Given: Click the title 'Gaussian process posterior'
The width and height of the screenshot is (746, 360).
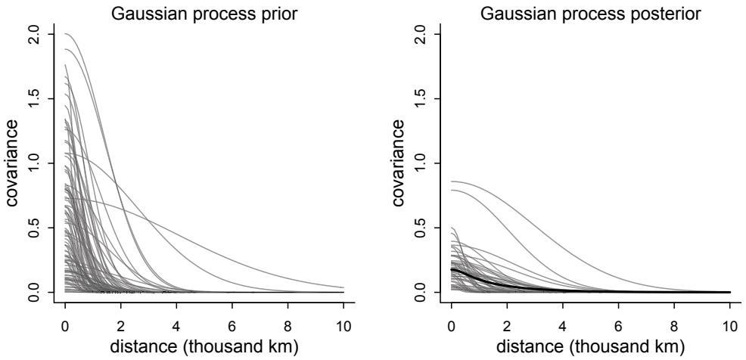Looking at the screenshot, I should pos(590,11).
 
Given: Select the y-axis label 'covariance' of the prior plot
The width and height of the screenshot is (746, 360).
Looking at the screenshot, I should pos(11,163).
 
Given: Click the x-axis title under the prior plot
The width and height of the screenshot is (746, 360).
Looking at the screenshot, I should pos(204,345).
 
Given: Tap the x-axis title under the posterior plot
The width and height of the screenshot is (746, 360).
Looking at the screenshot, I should pos(590,345).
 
